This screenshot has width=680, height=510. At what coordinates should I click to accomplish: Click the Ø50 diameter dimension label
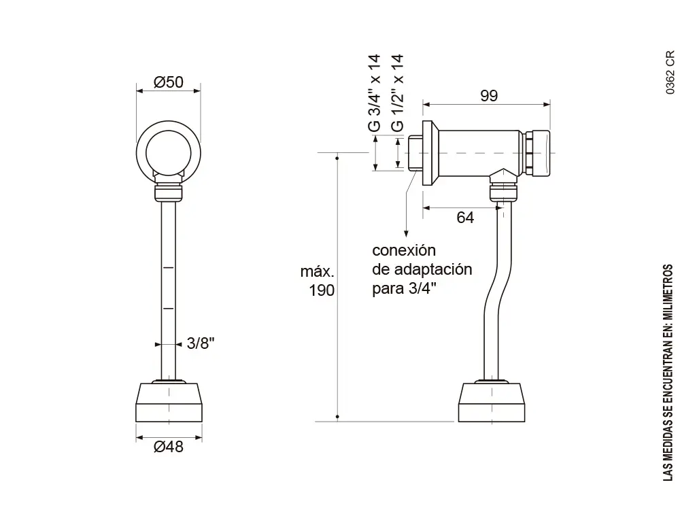[169, 82]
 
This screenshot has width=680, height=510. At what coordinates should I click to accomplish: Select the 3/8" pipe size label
[201, 343]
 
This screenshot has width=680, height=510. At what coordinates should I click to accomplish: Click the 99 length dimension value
[488, 96]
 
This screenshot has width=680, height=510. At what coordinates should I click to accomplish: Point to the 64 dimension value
[465, 218]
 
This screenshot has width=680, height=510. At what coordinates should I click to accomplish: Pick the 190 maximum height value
[322, 291]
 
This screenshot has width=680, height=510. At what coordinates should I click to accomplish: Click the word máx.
[317, 272]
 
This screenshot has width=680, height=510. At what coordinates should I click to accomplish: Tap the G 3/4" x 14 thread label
[374, 93]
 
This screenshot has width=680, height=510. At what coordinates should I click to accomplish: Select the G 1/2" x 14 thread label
[398, 93]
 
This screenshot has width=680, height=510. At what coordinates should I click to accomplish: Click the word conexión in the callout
[404, 250]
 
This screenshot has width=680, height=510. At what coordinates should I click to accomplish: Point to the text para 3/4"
[405, 288]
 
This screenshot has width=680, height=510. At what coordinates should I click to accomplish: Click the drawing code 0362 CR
[670, 71]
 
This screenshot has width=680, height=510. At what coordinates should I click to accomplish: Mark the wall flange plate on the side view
[429, 153]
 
